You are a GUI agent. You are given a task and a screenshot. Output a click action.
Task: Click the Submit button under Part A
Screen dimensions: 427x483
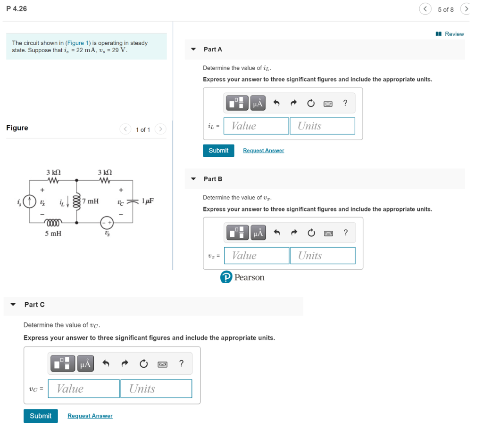[218, 151]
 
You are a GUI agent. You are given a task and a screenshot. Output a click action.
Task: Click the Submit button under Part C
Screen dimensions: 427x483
[41, 416]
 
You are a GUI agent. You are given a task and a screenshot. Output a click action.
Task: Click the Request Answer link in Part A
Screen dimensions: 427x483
[263, 151]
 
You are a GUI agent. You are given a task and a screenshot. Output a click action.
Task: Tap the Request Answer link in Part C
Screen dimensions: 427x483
[90, 416]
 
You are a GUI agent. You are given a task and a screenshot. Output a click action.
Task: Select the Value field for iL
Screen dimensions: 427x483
[256, 126]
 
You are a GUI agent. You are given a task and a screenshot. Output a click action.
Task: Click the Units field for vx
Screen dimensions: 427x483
[323, 256]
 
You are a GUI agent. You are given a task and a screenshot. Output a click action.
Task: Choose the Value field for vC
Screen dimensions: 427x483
[83, 389]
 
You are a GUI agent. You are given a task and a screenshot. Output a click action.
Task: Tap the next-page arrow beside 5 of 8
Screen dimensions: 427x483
[465, 9]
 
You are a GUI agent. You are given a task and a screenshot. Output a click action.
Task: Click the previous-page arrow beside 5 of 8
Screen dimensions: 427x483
[425, 9]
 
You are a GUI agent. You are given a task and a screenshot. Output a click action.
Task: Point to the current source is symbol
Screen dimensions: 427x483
[29, 201]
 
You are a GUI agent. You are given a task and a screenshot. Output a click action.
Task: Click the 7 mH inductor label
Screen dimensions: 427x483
[90, 201]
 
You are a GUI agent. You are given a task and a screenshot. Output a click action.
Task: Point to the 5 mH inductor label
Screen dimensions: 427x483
[53, 233]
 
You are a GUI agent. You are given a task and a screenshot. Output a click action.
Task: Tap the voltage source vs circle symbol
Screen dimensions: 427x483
[107, 222]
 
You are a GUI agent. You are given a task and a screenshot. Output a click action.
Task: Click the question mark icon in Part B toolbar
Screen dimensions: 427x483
[346, 233]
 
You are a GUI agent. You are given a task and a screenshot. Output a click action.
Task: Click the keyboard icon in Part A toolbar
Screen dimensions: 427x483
[328, 103]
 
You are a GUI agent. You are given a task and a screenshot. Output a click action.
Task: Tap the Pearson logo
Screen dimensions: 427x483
[242, 277]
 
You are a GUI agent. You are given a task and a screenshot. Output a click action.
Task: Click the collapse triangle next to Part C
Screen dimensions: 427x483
[13, 305]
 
